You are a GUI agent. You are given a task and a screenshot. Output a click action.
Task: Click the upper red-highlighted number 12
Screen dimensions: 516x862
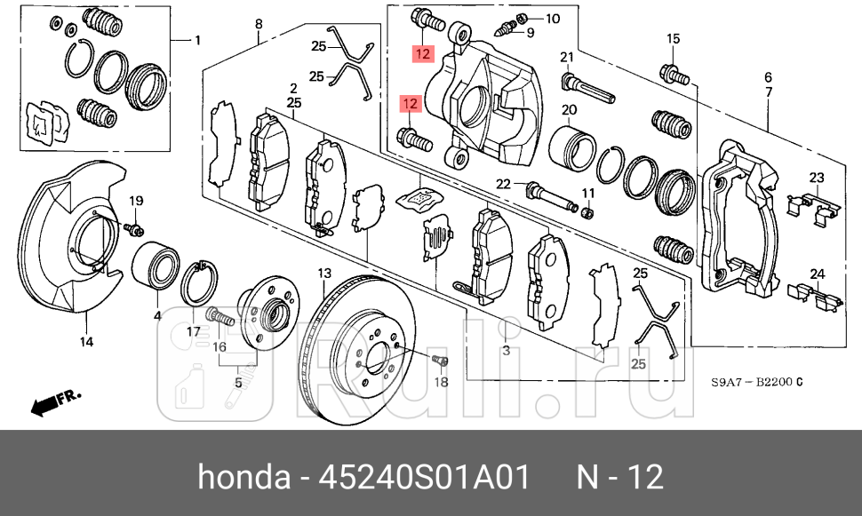coord(422,55)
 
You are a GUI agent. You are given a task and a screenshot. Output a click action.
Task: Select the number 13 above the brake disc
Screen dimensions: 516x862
coord(324,273)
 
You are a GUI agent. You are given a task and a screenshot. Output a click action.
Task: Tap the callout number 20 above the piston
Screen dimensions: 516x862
coord(569,110)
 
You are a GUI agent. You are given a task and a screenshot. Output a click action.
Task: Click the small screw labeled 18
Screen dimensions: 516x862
coord(440,360)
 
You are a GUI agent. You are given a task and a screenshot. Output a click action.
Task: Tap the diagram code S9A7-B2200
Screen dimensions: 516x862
coord(756,382)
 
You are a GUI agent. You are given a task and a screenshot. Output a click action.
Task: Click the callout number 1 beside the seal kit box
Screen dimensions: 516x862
coord(197,40)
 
